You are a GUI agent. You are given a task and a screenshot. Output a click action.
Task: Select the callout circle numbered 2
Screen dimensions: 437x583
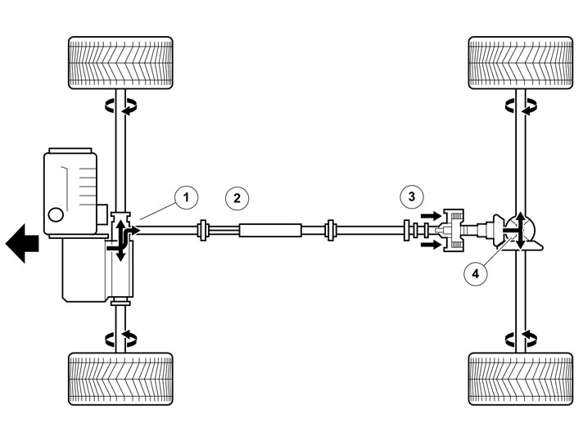(x=236, y=197)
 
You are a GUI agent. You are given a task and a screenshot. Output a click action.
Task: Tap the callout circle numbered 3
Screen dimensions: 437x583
(x=412, y=196)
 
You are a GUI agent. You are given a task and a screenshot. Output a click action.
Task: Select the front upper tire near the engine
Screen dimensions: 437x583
(x=120, y=63)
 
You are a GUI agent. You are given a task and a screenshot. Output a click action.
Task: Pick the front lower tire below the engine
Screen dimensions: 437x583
(x=120, y=378)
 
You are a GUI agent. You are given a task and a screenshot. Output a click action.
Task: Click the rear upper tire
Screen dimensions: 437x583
(x=519, y=63)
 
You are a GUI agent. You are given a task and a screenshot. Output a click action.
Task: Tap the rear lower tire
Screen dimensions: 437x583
(x=519, y=378)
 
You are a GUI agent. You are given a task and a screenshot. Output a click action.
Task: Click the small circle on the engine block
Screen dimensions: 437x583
(x=56, y=215)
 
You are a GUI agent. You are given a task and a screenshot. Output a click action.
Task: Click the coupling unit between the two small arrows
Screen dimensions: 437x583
(x=453, y=231)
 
